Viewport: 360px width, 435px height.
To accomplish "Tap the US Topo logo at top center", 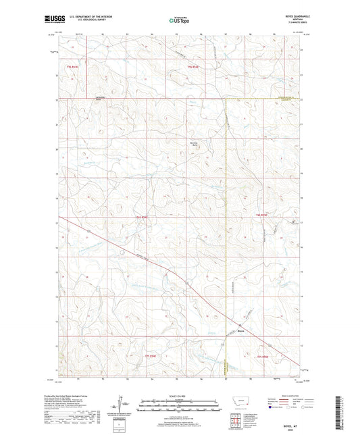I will tap(180, 21).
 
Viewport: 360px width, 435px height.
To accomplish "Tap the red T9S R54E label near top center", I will tap(194, 68).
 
